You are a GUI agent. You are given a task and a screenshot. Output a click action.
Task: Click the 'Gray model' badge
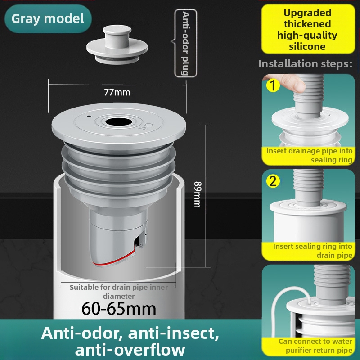48,18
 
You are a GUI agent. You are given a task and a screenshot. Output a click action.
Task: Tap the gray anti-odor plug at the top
117,45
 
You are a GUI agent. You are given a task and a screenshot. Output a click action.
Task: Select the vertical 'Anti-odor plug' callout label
185,43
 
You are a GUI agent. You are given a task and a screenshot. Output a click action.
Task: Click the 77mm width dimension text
117,92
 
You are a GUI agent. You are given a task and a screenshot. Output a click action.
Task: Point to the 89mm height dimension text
198,194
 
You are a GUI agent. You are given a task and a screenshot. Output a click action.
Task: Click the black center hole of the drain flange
119,122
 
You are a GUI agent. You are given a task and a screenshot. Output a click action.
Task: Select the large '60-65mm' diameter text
119,309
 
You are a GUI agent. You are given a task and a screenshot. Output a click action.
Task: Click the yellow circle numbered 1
273,85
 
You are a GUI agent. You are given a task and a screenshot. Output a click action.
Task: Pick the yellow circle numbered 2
273,181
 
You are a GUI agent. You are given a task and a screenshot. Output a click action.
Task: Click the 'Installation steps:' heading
306,64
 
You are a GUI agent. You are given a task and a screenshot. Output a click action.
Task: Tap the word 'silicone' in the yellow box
307,46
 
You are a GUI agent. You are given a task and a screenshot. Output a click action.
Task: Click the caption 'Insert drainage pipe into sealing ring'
309,155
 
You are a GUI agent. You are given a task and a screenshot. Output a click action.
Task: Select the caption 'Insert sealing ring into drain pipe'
312,251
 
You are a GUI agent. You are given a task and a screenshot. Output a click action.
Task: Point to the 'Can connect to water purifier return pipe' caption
315,346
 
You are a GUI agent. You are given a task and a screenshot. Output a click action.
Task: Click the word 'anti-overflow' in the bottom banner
130,350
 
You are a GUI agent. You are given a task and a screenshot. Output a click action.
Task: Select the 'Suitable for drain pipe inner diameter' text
119,292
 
